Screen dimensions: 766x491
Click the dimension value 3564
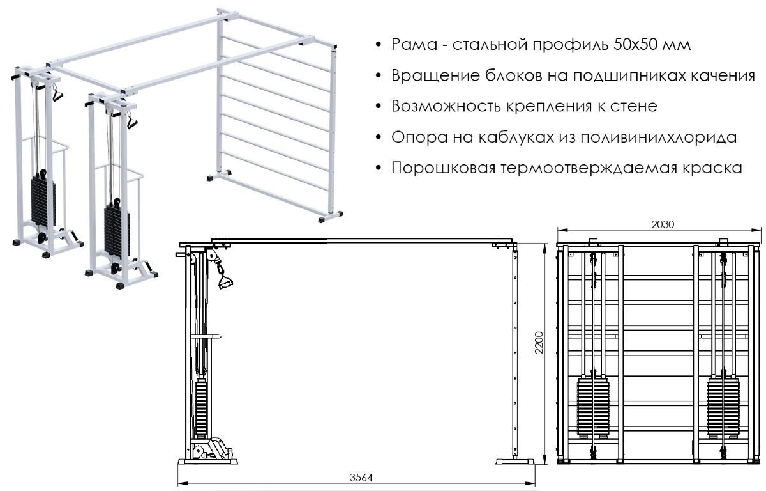click(361, 478)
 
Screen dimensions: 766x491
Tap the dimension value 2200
click(539, 343)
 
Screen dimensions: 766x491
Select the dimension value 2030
click(663, 224)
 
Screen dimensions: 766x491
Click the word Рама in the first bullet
click(414, 45)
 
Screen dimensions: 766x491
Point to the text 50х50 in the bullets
click(635, 45)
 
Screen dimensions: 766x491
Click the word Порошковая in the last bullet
click(443, 168)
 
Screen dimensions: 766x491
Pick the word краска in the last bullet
click(712, 168)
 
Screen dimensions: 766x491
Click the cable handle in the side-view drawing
click(224, 277)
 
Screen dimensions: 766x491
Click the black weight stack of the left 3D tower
click(43, 201)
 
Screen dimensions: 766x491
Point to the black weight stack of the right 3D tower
click(117, 230)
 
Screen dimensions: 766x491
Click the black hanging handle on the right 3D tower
click(132, 120)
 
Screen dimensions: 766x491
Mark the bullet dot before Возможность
click(378, 107)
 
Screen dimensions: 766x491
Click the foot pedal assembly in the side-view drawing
click(213, 450)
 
